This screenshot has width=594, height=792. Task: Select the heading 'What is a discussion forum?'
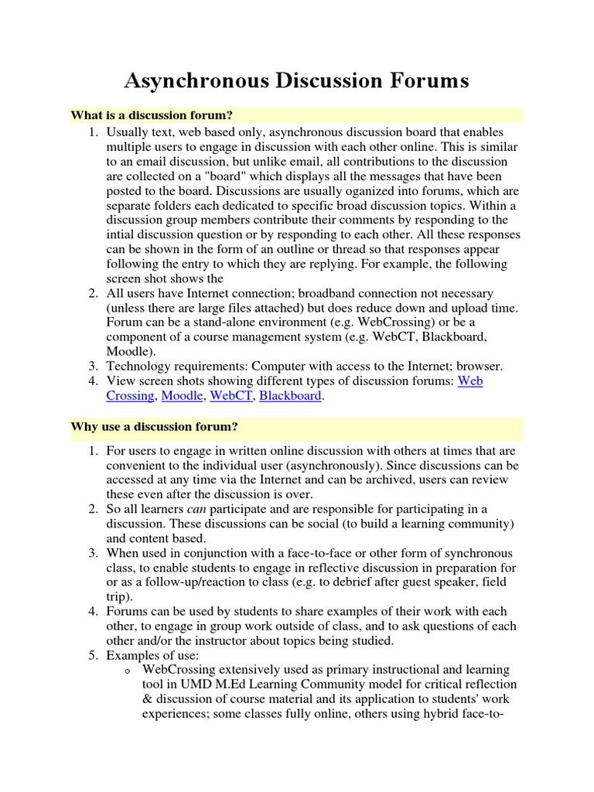click(152, 115)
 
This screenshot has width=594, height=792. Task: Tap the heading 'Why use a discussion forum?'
click(154, 426)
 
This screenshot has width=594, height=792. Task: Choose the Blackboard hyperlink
click(290, 396)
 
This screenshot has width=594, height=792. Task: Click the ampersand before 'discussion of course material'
click(147, 700)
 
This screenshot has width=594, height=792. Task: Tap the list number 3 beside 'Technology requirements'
click(92, 367)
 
